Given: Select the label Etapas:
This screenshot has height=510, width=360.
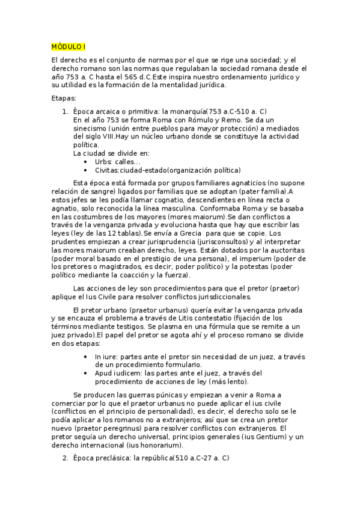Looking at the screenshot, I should click(x=64, y=98).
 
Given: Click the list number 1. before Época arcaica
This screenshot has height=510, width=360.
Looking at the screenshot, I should click(x=66, y=111).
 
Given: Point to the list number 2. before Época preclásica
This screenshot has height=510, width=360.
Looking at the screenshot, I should click(x=66, y=458).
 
